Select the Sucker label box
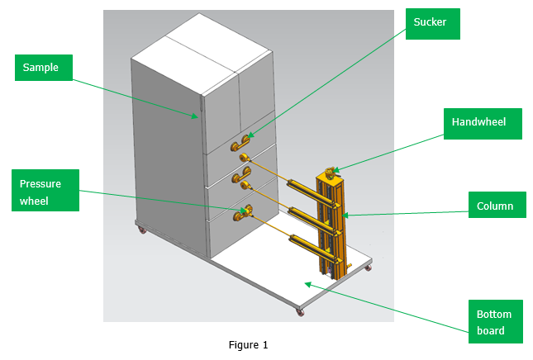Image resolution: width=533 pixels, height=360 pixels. click(431, 23)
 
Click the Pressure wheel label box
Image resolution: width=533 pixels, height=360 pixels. click(46, 190)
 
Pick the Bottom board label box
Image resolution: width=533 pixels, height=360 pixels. click(495, 322)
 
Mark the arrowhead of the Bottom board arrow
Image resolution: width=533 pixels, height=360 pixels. click(308, 282)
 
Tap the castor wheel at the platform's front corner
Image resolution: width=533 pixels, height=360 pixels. click(297, 312)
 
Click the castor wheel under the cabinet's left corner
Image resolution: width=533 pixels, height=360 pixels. click(141, 230)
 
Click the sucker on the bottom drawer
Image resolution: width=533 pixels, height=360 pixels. click(242, 216)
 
